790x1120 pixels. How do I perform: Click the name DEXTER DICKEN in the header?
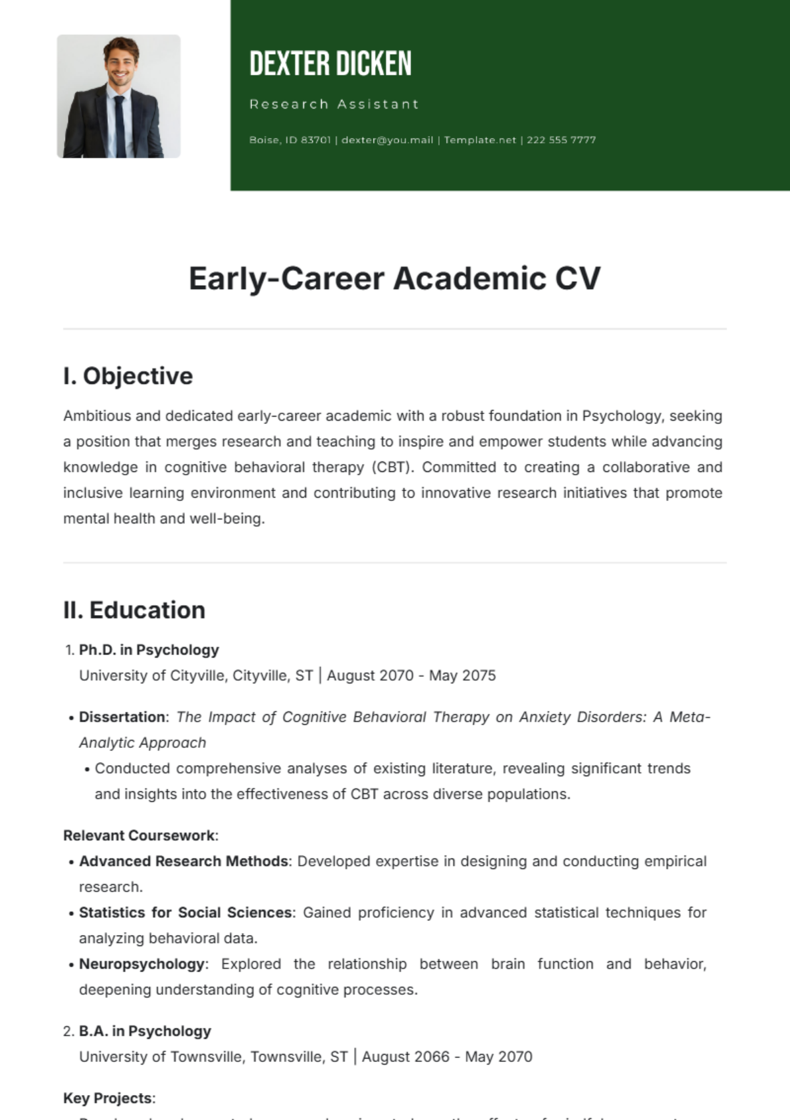(330, 64)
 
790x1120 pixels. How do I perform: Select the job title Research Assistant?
(334, 104)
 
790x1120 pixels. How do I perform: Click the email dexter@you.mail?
(387, 140)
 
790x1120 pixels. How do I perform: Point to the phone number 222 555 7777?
(561, 140)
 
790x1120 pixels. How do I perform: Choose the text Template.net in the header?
(480, 140)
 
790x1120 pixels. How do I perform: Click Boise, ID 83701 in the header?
(290, 140)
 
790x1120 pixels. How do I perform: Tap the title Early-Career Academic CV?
(394, 278)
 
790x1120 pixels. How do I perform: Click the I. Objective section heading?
(128, 376)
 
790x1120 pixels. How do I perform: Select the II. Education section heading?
(134, 610)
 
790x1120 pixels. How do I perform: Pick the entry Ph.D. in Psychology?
(149, 650)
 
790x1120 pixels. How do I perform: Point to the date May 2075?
(462, 676)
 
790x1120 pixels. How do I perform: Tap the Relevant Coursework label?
(140, 836)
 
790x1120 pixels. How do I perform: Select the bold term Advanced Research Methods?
(184, 861)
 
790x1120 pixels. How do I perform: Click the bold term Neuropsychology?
(142, 964)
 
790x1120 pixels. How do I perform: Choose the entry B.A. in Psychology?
(145, 1031)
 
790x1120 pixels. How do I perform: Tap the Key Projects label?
(109, 1098)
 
